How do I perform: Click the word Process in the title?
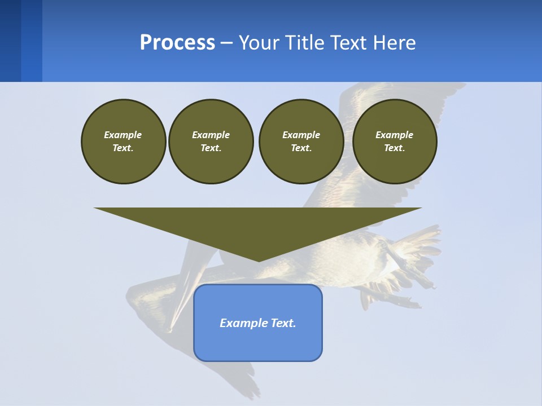(x=177, y=43)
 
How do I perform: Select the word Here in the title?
(x=393, y=43)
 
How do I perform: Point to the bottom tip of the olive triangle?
(x=259, y=261)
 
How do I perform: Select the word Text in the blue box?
(x=283, y=323)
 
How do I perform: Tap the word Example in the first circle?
(x=123, y=135)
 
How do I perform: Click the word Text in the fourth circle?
(x=395, y=148)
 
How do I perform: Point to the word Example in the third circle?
(x=301, y=135)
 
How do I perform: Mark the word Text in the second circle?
(x=211, y=148)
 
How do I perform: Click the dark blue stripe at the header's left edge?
(x=10, y=41)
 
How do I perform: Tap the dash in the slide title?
(x=226, y=43)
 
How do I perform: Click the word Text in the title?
(x=348, y=43)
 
